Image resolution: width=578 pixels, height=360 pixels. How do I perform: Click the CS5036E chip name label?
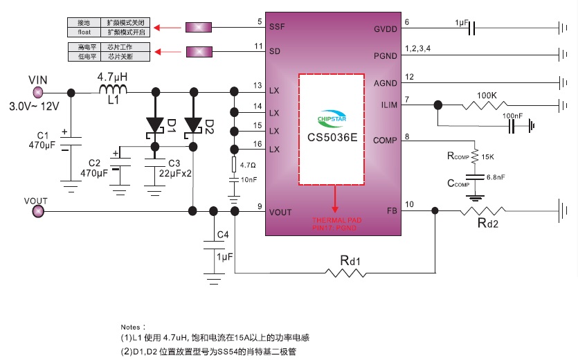(332, 136)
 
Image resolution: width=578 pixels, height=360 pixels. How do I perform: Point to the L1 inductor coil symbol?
(113, 91)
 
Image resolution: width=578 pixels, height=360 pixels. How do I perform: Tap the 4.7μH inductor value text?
(112, 75)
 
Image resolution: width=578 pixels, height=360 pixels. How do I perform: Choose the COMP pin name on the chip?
(385, 141)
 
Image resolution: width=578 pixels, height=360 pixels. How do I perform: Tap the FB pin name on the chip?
(391, 210)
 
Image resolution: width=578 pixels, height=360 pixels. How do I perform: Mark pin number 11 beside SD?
(258, 46)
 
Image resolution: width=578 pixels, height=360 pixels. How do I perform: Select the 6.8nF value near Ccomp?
(496, 178)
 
